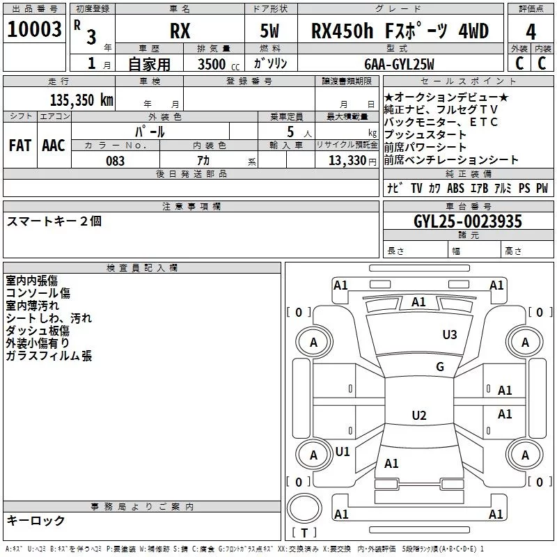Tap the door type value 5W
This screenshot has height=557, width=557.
pyautogui.click(x=271, y=31)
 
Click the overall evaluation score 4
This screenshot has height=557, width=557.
pyautogui.click(x=531, y=31)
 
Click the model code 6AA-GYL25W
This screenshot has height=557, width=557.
pyautogui.click(x=399, y=64)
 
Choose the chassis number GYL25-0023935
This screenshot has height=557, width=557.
pyautogui.click(x=467, y=221)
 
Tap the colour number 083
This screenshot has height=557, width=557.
pyautogui.click(x=115, y=160)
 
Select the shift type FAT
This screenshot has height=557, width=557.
pyautogui.click(x=19, y=145)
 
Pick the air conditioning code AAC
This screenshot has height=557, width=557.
pyautogui.click(x=54, y=145)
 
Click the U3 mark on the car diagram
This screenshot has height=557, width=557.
pyautogui.click(x=450, y=335)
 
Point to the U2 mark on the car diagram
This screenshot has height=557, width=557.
pyautogui.click(x=418, y=416)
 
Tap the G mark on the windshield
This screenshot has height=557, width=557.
pyautogui.click(x=439, y=367)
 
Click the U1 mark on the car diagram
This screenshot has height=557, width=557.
pyautogui.click(x=343, y=451)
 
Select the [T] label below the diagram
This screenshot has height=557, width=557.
pyautogui.click(x=304, y=533)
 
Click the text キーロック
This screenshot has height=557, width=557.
pyautogui.click(x=36, y=520)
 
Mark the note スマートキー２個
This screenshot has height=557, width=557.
pyautogui.click(x=54, y=221)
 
